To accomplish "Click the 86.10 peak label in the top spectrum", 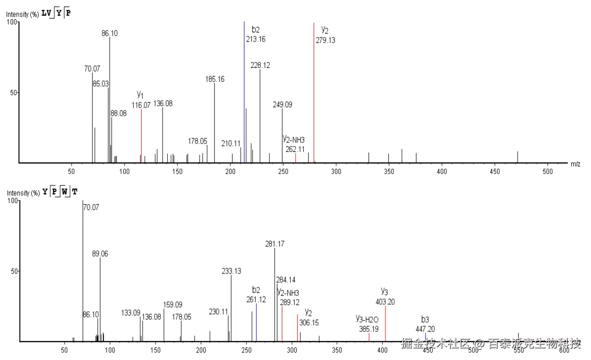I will coord(110,34).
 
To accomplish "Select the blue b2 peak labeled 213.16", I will coord(244,94).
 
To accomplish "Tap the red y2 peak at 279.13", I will coord(314,94).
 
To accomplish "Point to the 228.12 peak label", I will coord(260,65).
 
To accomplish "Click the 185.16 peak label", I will coord(215,79).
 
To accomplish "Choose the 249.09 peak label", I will coord(283,105).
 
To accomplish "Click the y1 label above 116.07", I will coord(140,95).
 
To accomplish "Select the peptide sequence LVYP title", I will coord(56,13).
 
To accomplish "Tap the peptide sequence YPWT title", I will coord(60,192).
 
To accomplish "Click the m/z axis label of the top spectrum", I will coord(575,164).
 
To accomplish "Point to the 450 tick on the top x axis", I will coord(494,172).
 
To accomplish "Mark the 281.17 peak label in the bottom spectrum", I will coord(275,244).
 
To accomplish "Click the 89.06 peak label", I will coord(100,254).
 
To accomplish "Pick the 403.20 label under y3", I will coord(385,302).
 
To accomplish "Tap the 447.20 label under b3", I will coord(425,329).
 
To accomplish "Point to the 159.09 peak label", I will coord(173,304).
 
